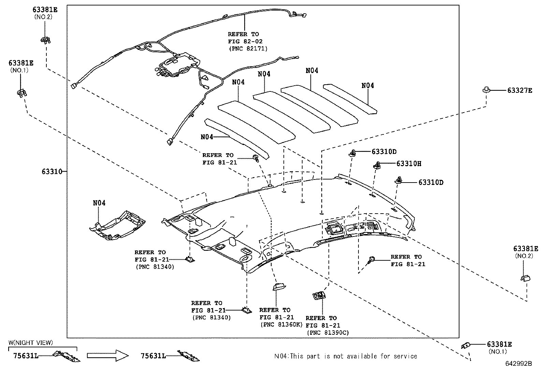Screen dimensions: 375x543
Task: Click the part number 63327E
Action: (519, 90)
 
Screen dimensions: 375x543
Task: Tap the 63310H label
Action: (409, 164)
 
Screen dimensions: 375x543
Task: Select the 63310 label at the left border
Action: (52, 172)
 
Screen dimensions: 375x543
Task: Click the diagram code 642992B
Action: (518, 364)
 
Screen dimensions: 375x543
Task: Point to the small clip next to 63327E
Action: (486, 90)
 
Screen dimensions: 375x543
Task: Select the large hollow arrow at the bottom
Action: (107, 356)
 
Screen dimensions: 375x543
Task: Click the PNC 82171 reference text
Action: (248, 48)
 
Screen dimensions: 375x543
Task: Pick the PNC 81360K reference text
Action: (281, 324)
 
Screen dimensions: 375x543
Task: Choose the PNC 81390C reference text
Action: (327, 332)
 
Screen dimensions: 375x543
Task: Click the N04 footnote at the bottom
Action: (346, 356)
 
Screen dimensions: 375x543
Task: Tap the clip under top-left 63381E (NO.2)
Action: (45, 41)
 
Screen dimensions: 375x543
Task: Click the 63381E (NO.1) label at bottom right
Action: (499, 347)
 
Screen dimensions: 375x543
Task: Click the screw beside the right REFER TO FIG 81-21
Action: (371, 260)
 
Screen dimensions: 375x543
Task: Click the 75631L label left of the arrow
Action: (26, 356)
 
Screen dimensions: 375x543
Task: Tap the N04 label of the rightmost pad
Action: (367, 86)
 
